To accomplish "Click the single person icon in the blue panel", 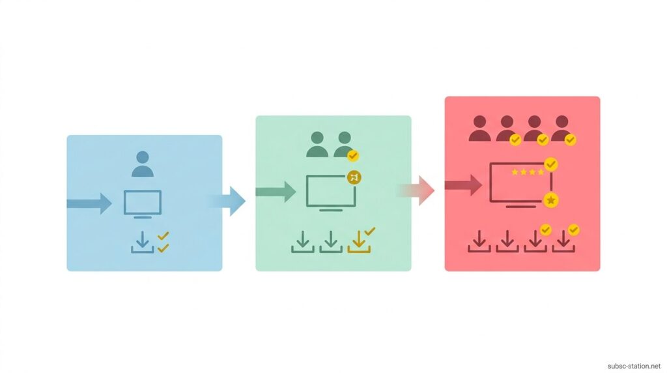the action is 143,164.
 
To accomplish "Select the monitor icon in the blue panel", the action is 143,204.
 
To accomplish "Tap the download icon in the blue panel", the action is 143,243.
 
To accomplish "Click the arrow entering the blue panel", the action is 89,203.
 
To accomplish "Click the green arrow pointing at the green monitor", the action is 276,192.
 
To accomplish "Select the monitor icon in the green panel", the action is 331,193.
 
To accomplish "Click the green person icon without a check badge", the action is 317,145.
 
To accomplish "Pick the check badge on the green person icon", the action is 352,156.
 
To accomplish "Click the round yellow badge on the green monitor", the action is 354,177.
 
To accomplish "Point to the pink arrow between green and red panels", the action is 416,190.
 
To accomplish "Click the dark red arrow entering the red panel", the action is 463,185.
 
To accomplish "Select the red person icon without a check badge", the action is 480,128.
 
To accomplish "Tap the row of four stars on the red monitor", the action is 528,172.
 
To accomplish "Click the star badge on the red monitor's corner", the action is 551,200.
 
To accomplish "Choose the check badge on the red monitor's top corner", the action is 551,164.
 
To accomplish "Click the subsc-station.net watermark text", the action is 634,366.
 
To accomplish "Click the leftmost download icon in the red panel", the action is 479,241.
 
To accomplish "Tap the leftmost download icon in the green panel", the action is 303,242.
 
